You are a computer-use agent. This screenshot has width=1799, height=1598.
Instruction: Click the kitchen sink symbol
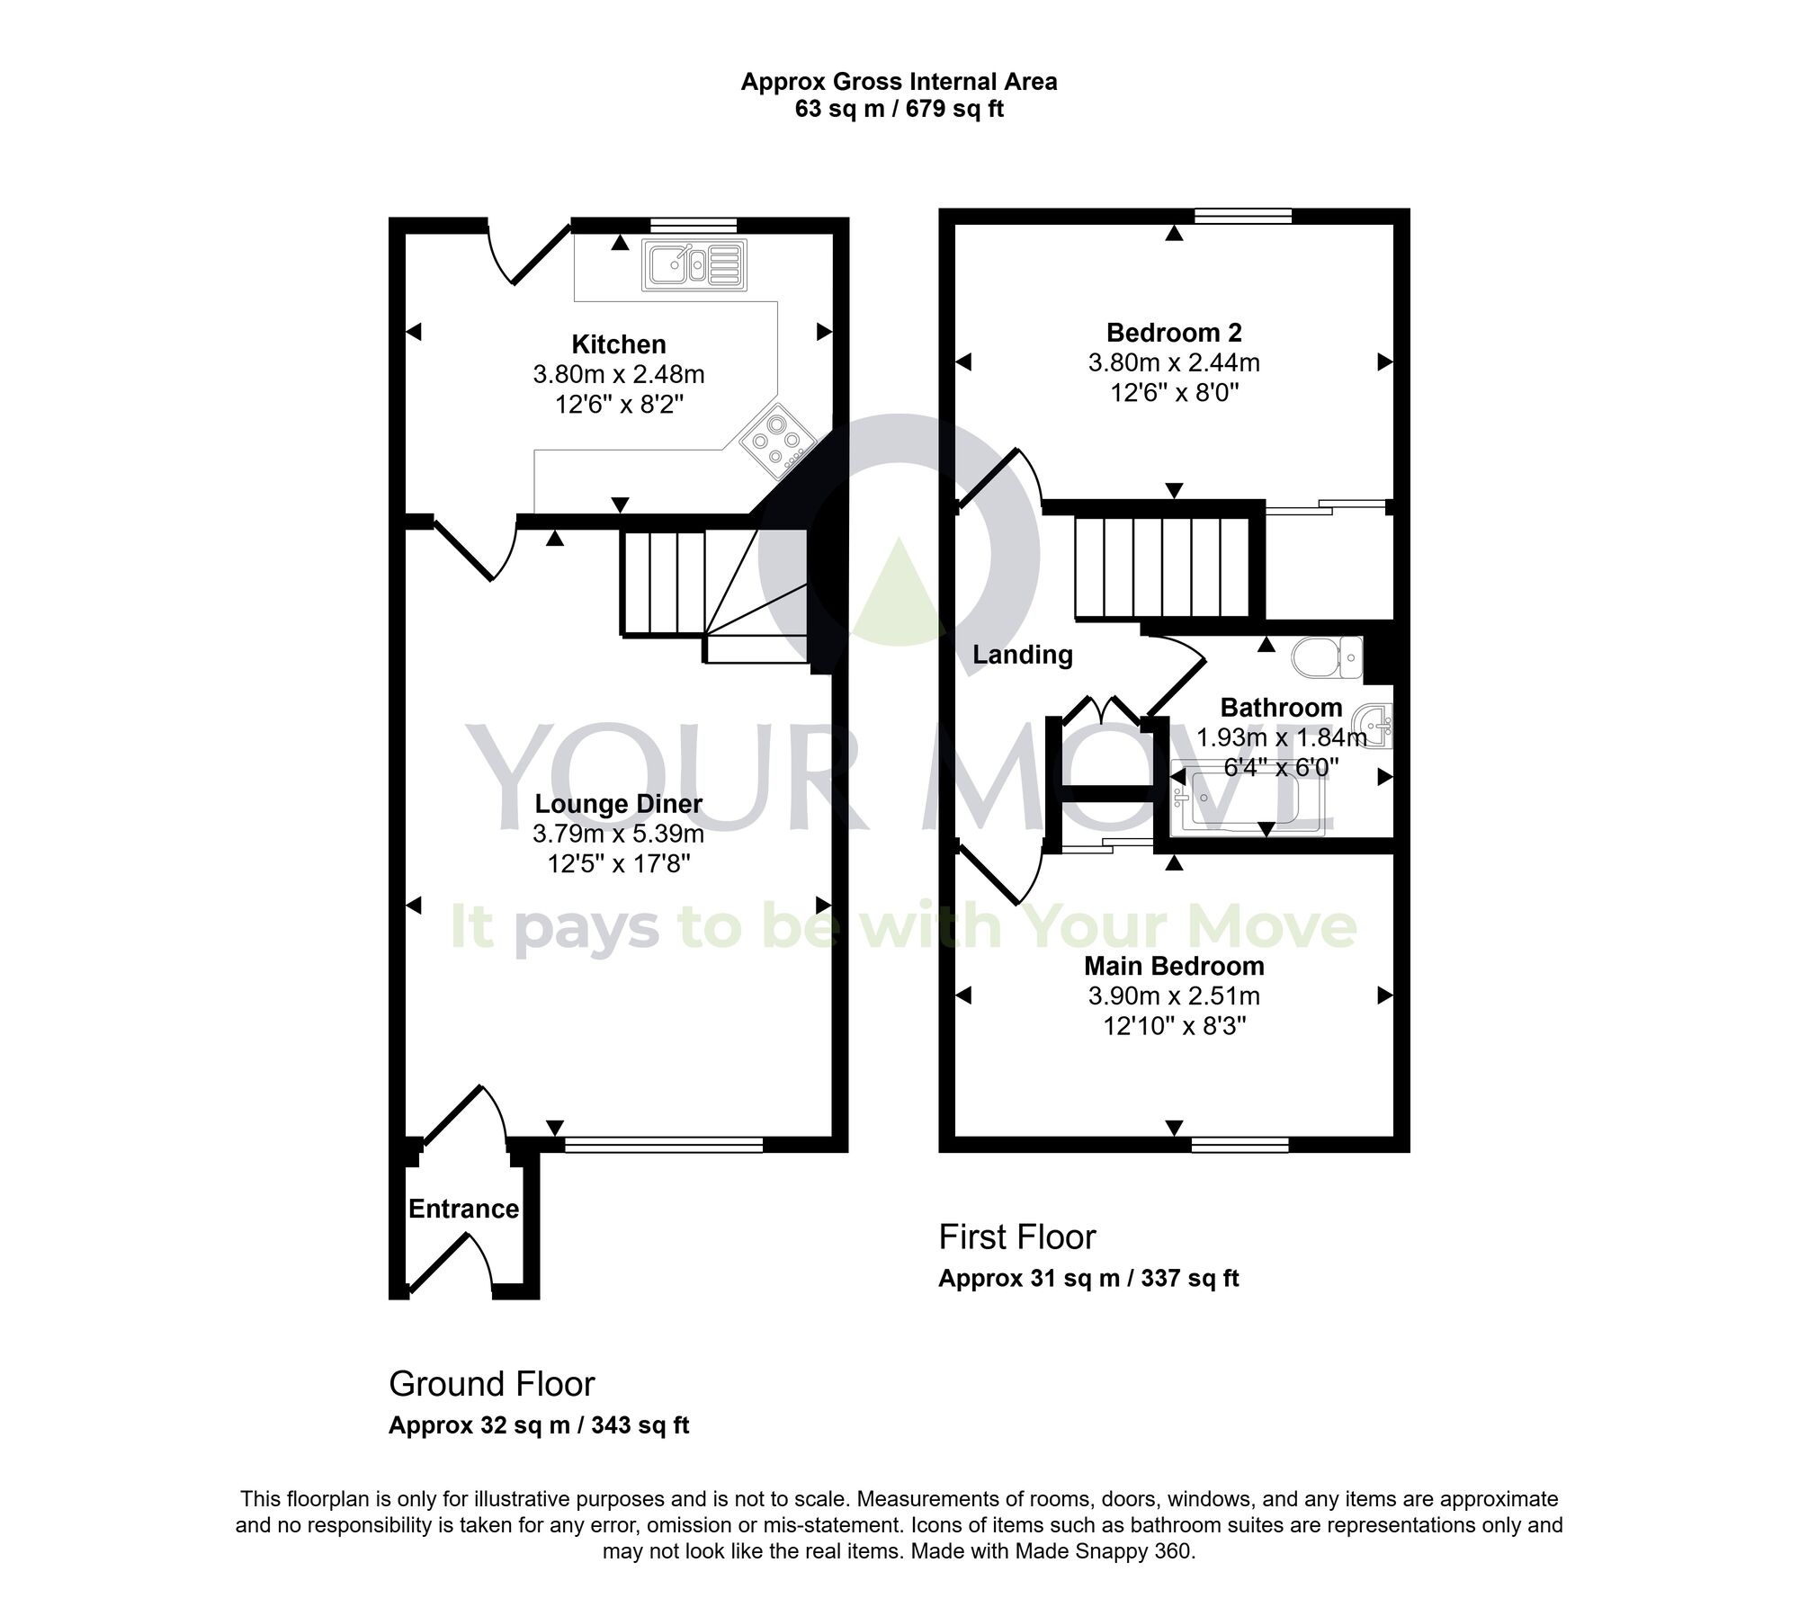694,265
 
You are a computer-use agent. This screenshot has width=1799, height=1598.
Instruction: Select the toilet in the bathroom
1327,657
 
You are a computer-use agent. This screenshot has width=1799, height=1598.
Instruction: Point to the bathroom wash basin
1376,721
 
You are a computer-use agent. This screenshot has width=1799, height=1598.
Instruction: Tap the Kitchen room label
619,344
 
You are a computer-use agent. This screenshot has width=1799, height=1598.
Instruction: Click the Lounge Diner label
619,803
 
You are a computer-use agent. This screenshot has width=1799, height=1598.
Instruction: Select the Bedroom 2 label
1174,333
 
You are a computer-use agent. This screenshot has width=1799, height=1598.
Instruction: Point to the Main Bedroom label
1174,966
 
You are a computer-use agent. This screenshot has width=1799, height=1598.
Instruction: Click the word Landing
1023,655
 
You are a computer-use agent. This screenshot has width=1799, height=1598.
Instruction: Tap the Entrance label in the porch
463,1209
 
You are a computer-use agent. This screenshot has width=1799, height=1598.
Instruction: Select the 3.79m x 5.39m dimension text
619,834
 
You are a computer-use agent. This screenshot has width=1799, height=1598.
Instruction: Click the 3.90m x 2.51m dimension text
1174,996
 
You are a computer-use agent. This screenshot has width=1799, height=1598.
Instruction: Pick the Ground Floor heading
492,1384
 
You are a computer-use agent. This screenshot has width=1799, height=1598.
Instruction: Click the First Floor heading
1017,1237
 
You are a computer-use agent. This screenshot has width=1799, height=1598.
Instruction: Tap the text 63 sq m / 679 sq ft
899,110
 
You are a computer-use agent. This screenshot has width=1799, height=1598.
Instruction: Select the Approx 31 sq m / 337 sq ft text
1088,1278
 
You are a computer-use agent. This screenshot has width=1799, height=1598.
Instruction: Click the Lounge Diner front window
663,1145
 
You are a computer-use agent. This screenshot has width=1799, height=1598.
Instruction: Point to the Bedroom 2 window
1243,216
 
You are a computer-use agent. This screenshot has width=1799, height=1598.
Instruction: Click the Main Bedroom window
1240,1145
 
